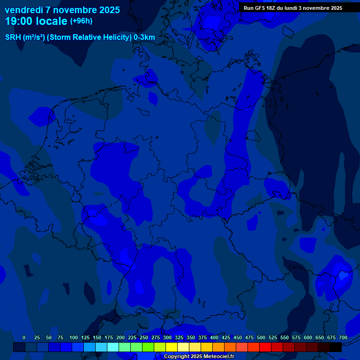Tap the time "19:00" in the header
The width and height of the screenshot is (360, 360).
pyautogui.click(x=19, y=22)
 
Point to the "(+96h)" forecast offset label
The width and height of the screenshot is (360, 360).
pyautogui.click(x=81, y=21)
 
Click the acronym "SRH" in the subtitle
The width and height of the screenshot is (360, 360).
pyautogui.click(x=13, y=37)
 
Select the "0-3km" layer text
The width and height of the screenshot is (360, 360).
pyautogui.click(x=144, y=37)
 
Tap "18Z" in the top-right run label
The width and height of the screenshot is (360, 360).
pyautogui.click(x=276, y=8)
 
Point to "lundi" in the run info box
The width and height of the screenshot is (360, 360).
pyautogui.click(x=298, y=8)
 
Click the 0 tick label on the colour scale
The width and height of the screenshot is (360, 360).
pyautogui.click(x=24, y=337)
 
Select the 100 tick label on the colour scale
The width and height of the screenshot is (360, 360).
pyautogui.click(x=74, y=337)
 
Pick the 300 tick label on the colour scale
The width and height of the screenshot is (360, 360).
pyautogui.click(x=167, y=337)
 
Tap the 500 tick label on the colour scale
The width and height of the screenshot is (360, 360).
pyautogui.click(x=261, y=337)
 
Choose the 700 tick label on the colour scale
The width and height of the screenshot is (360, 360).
pyautogui.click(x=343, y=337)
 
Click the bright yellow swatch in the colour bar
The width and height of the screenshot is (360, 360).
pyautogui.click(x=172, y=347)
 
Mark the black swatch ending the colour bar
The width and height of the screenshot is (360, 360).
pyautogui.click(x=336, y=347)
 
